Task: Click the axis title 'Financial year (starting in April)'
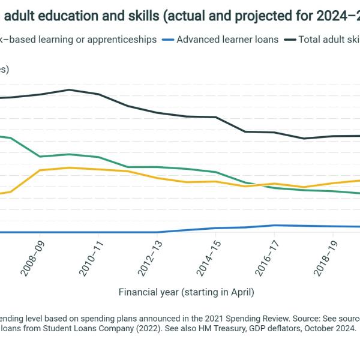186,292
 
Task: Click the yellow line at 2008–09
40,170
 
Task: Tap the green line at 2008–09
40,157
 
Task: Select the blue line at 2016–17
274,226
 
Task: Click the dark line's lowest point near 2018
304,139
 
